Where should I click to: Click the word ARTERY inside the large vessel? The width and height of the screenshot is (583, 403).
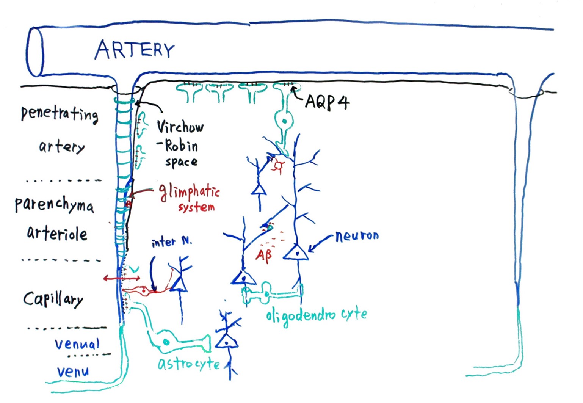(x=135, y=50)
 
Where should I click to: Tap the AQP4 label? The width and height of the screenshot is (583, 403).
(x=328, y=102)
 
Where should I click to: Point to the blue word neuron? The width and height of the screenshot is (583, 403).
(x=357, y=236)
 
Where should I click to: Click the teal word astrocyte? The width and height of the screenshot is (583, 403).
(x=188, y=364)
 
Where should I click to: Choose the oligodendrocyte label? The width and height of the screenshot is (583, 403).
(x=316, y=315)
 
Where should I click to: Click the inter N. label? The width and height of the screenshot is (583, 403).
(x=171, y=242)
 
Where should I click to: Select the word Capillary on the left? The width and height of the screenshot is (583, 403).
(x=53, y=299)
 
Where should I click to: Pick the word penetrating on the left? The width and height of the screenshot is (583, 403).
(x=60, y=114)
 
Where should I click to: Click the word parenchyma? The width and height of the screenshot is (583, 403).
(x=54, y=205)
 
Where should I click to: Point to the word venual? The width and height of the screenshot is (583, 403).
(x=77, y=344)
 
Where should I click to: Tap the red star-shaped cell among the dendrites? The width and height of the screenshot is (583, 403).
(x=279, y=166)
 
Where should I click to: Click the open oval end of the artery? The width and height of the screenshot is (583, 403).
(x=35, y=52)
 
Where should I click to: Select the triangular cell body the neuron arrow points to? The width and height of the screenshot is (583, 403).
(x=296, y=253)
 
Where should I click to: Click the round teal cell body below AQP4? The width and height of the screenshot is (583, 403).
(x=284, y=121)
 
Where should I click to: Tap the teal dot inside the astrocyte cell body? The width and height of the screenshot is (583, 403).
(x=166, y=342)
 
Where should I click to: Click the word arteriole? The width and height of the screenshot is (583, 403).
(x=57, y=234)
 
